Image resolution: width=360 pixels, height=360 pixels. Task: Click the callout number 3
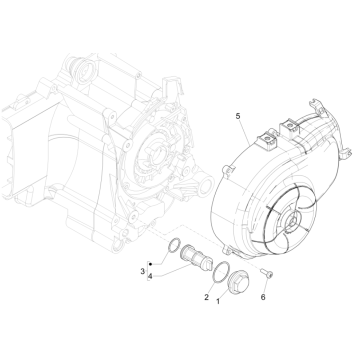point(142,271)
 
